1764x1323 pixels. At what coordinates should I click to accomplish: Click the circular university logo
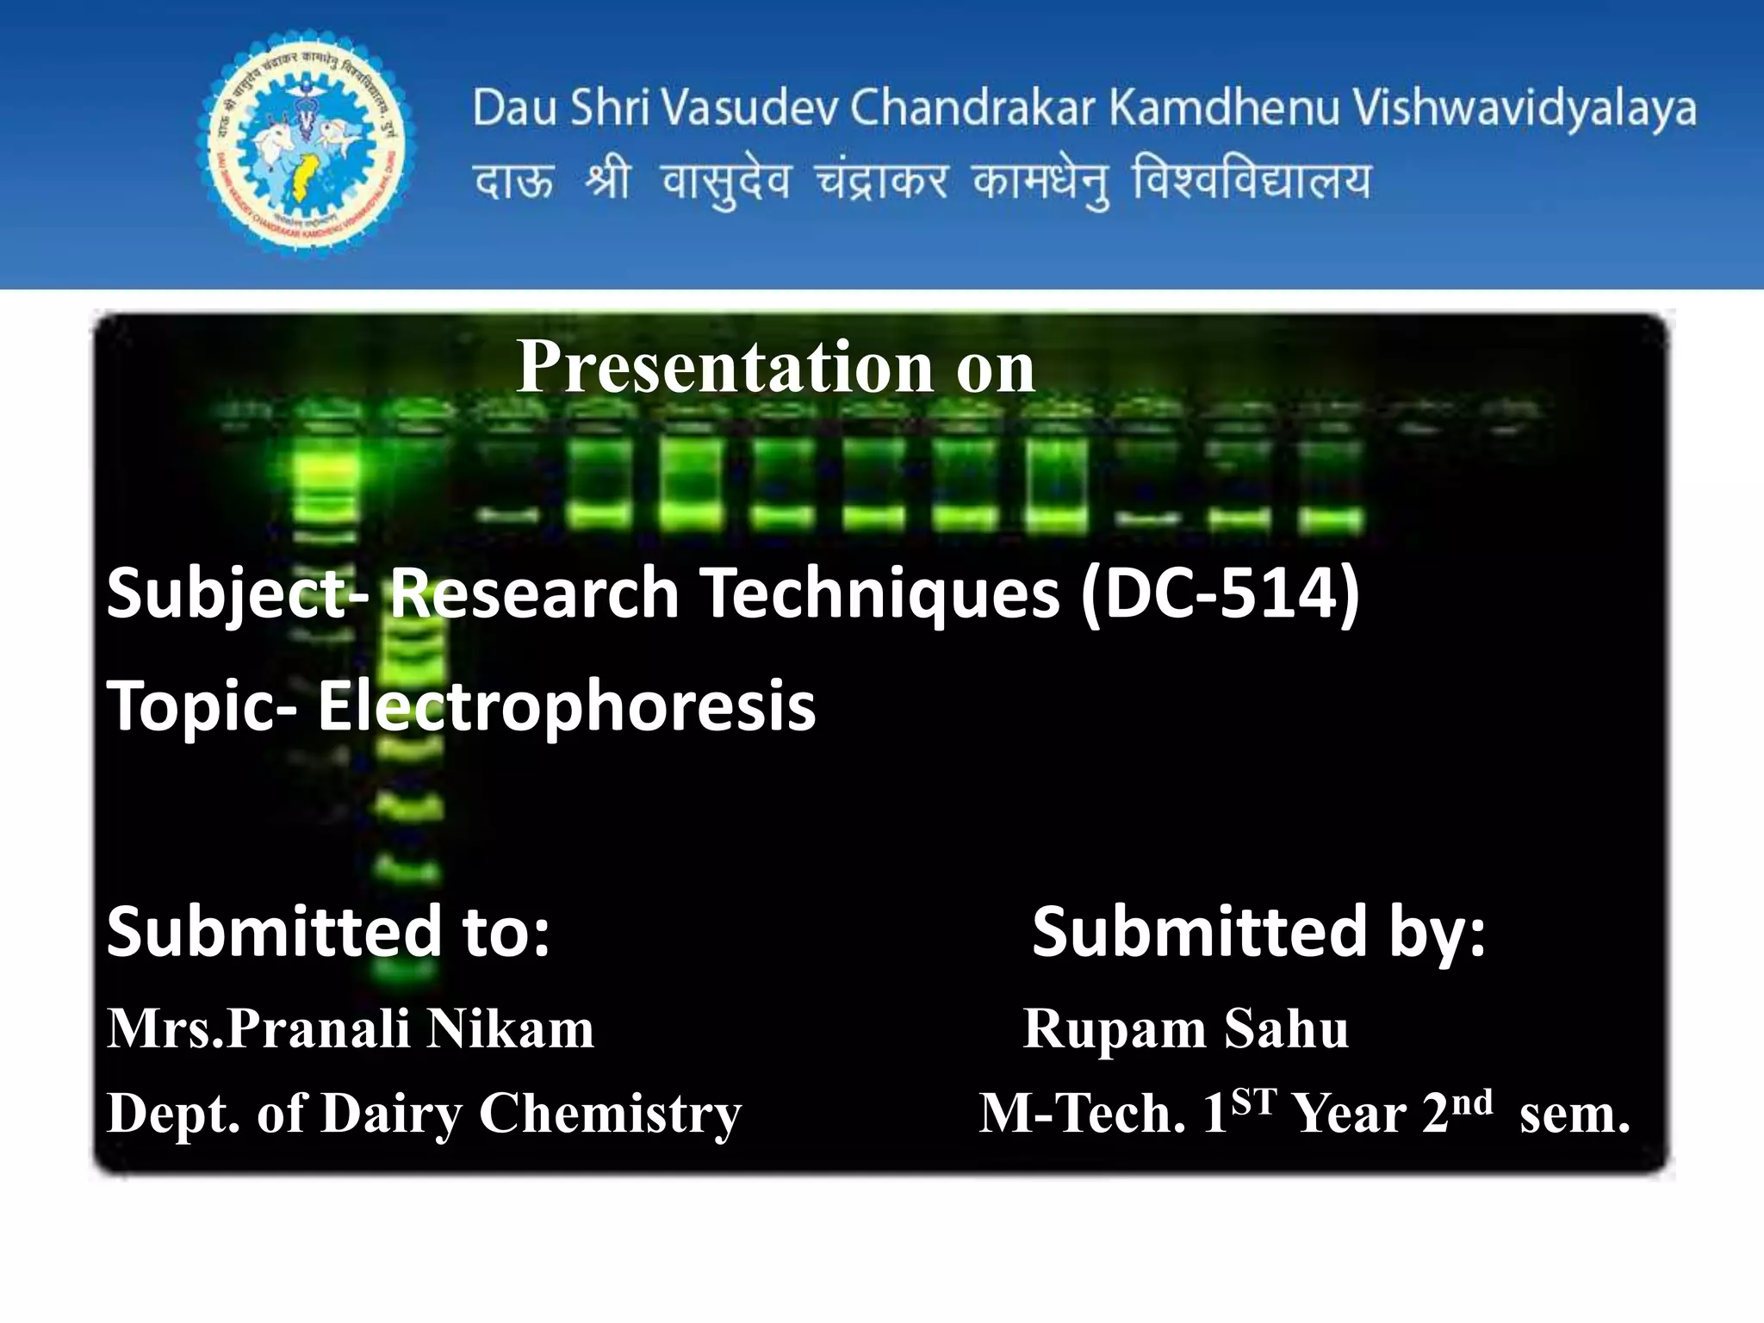[x=307, y=145]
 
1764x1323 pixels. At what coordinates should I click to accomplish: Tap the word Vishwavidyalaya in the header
[x=1523, y=109]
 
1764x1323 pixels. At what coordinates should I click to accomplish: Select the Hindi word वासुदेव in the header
[x=725, y=182]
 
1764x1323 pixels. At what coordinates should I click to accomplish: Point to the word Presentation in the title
[x=723, y=368]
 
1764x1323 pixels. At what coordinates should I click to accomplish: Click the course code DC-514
[x=1220, y=593]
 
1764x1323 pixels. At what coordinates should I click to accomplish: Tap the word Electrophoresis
[x=566, y=705]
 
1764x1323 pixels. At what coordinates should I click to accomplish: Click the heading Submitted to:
[x=328, y=931]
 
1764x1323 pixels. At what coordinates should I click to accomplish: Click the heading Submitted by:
[x=1258, y=931]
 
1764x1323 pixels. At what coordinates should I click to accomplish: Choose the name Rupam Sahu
[x=1185, y=1028]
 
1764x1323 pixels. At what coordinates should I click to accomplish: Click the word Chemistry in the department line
[x=609, y=1114]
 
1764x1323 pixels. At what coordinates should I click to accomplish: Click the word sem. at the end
[x=1574, y=1114]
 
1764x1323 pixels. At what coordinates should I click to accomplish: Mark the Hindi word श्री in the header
[x=606, y=182]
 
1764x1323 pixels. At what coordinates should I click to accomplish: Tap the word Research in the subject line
[x=534, y=593]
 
